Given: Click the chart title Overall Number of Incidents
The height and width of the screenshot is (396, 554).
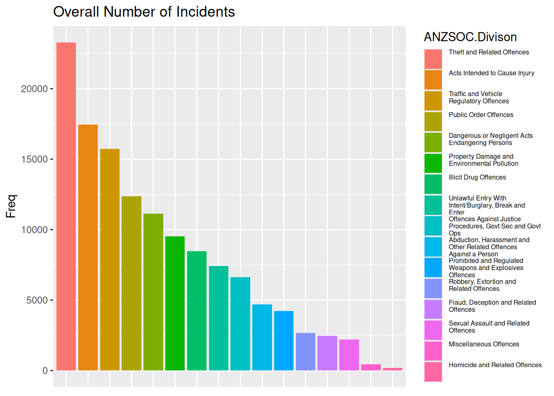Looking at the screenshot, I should pos(144,12).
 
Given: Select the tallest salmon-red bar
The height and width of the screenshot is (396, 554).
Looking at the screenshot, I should pos(66,206).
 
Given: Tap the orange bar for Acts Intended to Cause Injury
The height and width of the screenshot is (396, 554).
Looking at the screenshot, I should pos(88,247).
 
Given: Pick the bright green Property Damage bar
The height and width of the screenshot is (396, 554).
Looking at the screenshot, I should pos(175,303).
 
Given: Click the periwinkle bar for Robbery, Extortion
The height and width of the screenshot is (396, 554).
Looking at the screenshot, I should pos(305,351).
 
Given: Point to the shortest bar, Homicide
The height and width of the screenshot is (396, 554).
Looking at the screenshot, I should pos(392,369).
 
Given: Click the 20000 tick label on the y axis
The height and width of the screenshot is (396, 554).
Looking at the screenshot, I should pos(34,89).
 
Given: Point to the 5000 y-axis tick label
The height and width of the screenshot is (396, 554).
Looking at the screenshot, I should pos(37,300).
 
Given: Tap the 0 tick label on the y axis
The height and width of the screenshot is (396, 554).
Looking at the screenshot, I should pos(45,371).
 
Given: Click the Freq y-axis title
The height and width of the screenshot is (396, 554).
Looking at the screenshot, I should pos(11,206).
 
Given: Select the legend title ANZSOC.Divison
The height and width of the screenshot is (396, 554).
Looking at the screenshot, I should pos(470,37).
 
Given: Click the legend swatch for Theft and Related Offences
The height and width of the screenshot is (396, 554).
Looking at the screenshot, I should pos(433,59).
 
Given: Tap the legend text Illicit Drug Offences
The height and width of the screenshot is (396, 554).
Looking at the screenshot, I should pos(477,177).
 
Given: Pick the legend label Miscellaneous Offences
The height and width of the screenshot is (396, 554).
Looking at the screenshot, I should pos(484,344).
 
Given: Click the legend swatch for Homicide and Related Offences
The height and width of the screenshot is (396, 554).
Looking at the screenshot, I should pos(433,372).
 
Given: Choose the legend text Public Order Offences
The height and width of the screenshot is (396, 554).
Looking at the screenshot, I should pos(481,115).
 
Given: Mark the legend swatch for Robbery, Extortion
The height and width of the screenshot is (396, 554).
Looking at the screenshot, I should pos(433,288).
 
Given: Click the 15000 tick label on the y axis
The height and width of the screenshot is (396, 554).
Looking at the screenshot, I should pos(34,160).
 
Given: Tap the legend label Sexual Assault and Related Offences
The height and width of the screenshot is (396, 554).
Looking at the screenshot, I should pos(489,327).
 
